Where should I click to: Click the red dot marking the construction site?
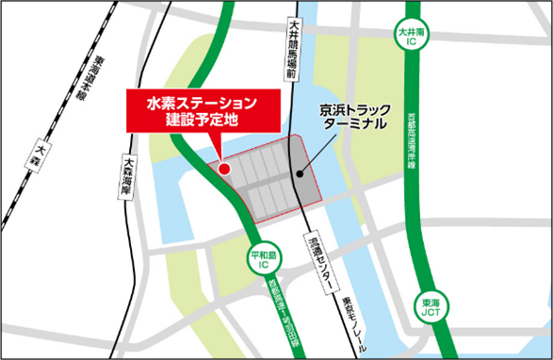(x=224, y=169)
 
